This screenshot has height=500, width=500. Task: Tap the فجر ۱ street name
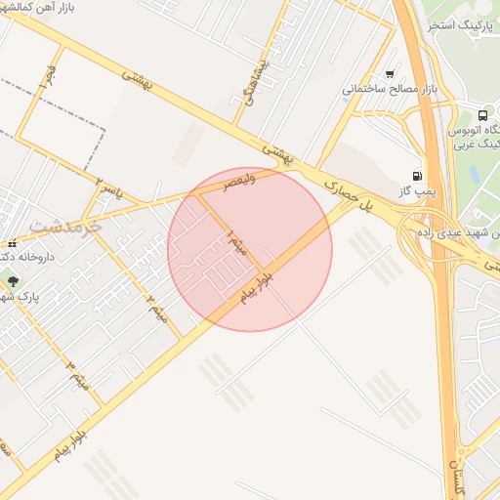[46, 74]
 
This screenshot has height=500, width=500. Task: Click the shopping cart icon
[391, 73]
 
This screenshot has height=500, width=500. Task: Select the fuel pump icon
[418, 176]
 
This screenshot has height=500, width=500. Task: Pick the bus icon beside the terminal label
[483, 114]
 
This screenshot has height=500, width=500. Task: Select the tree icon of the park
[13, 281]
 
